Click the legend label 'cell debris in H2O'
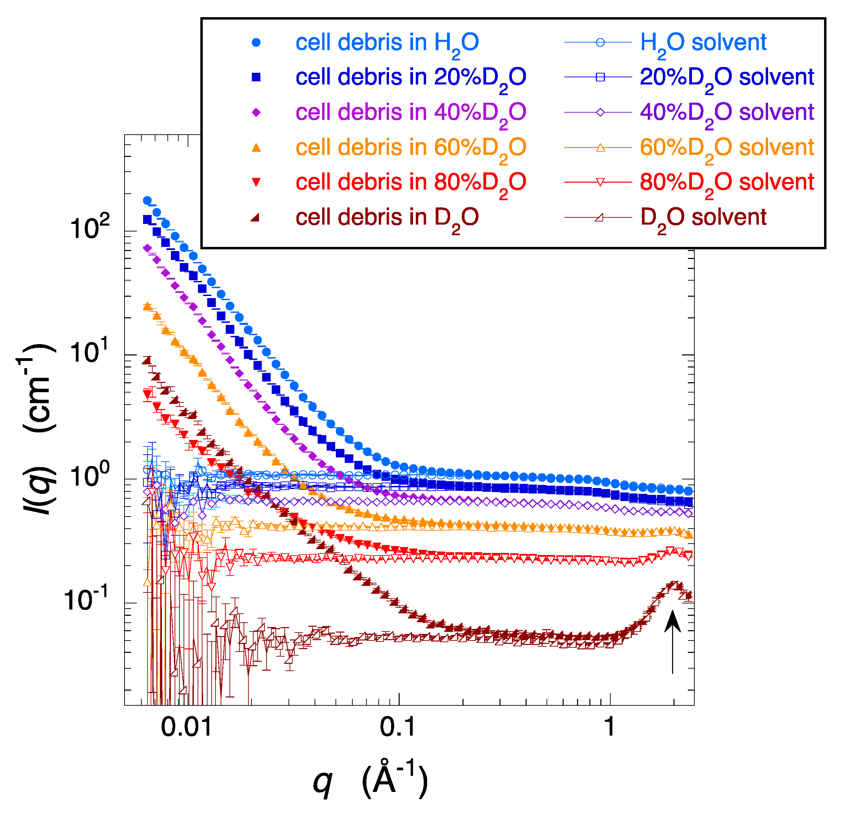pos(387,43)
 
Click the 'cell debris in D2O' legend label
pos(387,217)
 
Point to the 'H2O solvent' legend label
pos(703,43)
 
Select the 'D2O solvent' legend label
pos(703,217)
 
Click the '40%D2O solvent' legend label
pos(726,113)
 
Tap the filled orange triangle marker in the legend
pos(256,148)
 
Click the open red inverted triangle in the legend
pos(600,182)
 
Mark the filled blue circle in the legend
pos(256,43)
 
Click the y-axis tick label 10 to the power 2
pos(90,227)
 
